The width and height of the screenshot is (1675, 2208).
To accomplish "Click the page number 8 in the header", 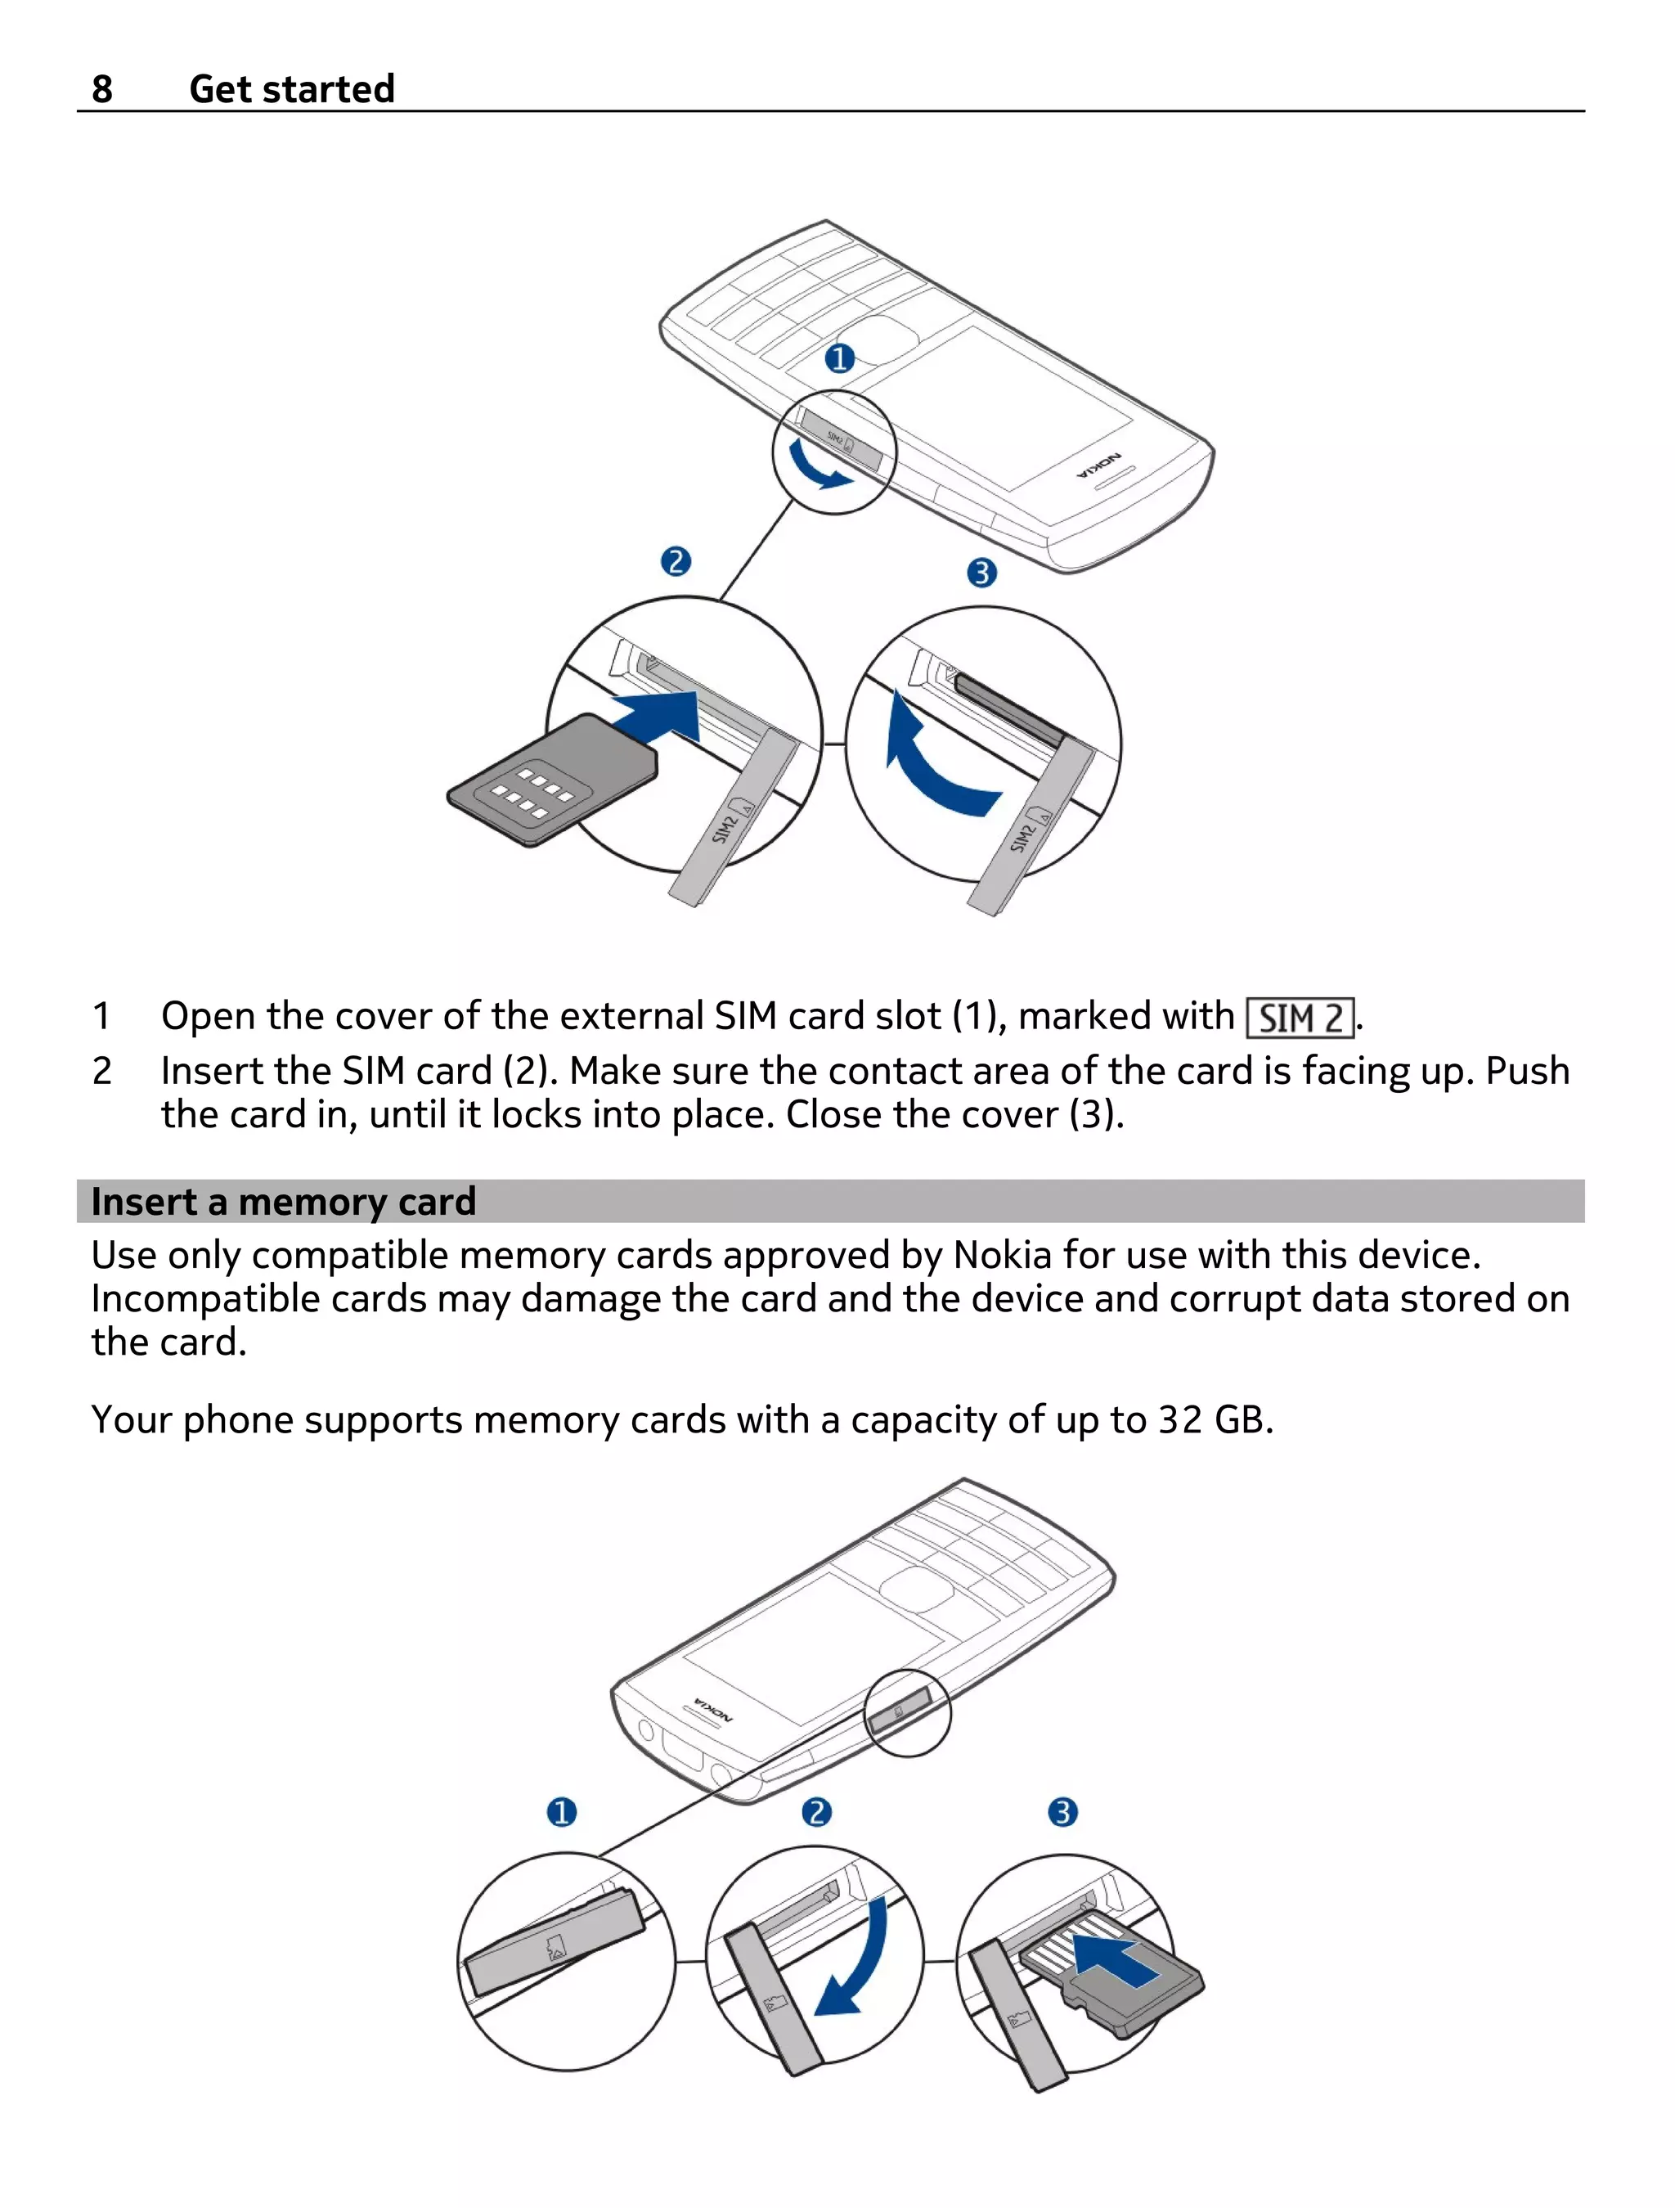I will pyautogui.click(x=101, y=89).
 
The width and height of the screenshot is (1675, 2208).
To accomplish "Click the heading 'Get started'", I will pyautogui.click(x=291, y=89).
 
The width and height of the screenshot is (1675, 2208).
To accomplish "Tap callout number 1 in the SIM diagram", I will pyautogui.click(x=839, y=358).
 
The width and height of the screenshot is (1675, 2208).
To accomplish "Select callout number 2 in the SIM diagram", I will pyautogui.click(x=676, y=562).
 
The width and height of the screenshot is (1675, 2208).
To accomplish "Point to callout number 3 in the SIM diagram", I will pyautogui.click(x=981, y=573).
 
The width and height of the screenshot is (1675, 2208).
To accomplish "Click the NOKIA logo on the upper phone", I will pyautogui.click(x=1099, y=465).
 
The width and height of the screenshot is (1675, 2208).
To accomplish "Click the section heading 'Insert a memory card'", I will pyautogui.click(x=284, y=1202).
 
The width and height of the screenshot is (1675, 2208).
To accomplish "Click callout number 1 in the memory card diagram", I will pyautogui.click(x=562, y=1812).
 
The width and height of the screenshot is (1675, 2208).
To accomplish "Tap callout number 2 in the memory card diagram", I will pyautogui.click(x=816, y=1812).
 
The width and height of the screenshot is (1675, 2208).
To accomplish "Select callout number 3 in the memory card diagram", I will pyautogui.click(x=1062, y=1812).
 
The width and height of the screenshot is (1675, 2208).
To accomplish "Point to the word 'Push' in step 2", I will pyautogui.click(x=1527, y=1071).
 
